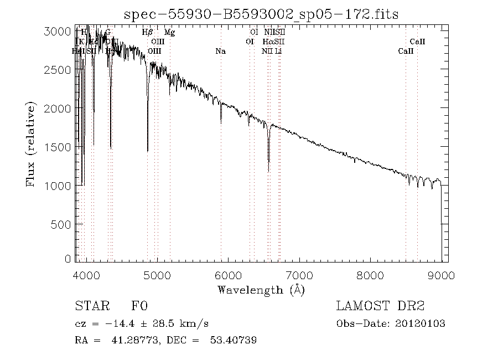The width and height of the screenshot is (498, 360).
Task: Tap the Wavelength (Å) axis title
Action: [261, 290]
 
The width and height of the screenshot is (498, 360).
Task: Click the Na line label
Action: [220, 51]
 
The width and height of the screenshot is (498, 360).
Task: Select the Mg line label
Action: [170, 33]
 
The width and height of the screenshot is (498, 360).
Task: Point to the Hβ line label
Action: [147, 33]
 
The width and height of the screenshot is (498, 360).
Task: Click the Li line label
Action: [279, 51]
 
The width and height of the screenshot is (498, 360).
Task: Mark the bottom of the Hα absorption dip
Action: [268, 171]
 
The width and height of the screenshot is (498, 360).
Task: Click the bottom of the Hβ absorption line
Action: [147, 151]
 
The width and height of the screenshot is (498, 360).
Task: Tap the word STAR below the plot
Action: [90, 306]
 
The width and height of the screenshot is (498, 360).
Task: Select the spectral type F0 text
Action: [139, 306]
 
